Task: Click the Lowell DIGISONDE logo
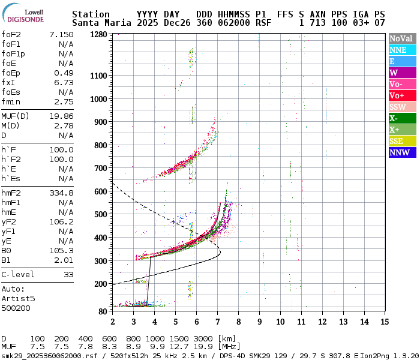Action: [x=23, y=14]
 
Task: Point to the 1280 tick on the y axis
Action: [x=98, y=34]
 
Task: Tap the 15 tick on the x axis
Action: [x=383, y=322]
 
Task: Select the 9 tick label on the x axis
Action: [x=259, y=322]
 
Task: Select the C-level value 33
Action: [x=68, y=274]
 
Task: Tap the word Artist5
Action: [x=18, y=298]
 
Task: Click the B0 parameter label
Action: [x=7, y=250]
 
